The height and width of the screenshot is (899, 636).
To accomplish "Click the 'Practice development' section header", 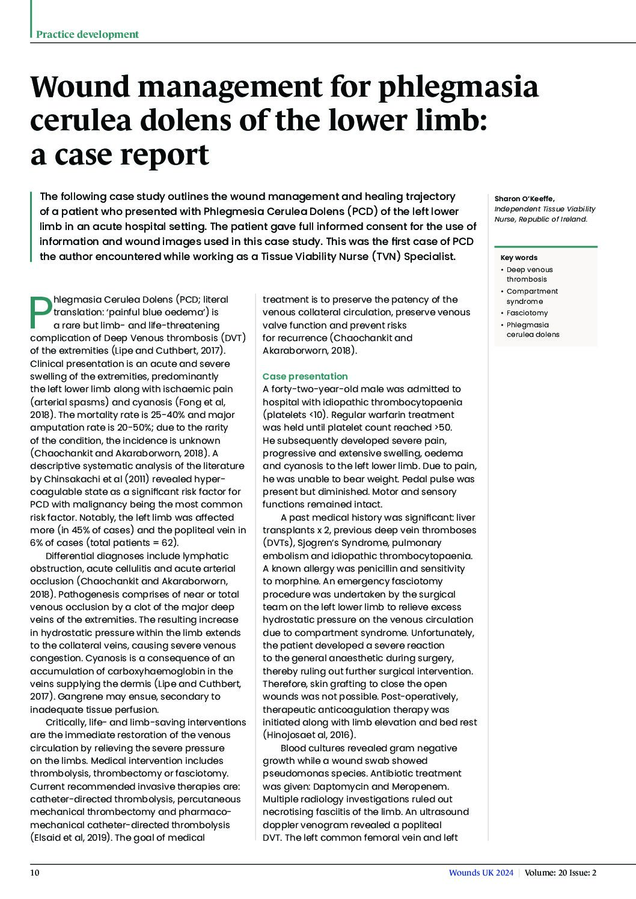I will (87, 34).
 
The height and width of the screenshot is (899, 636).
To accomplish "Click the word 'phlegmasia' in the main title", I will (457, 87).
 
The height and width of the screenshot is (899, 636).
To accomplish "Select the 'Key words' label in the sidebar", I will (519, 258).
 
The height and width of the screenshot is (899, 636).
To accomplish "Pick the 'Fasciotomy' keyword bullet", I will (527, 313).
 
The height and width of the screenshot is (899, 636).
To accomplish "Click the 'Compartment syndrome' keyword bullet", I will (531, 296).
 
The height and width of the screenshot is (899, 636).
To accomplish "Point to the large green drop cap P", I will (41, 312).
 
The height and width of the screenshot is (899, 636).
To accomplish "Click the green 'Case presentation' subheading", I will (305, 377).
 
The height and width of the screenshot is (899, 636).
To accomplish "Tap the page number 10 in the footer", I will (35, 873).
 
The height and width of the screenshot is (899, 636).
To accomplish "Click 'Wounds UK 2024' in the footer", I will (481, 873).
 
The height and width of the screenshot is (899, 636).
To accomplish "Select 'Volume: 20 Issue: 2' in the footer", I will (560, 873).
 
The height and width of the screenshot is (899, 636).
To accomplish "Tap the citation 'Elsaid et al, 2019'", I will (70, 837).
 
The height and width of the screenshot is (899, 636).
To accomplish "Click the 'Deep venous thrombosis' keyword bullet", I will (529, 274).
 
